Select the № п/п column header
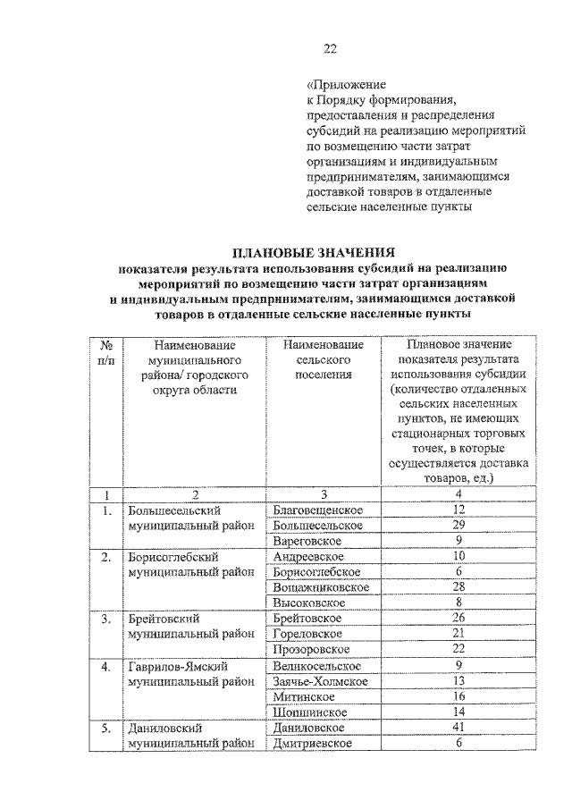(x=105, y=352)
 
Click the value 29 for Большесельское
(x=458, y=525)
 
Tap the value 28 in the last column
(x=458, y=586)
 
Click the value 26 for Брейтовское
(x=458, y=618)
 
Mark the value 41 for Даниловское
(x=458, y=728)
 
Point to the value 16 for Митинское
(x=458, y=696)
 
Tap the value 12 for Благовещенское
(x=458, y=510)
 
